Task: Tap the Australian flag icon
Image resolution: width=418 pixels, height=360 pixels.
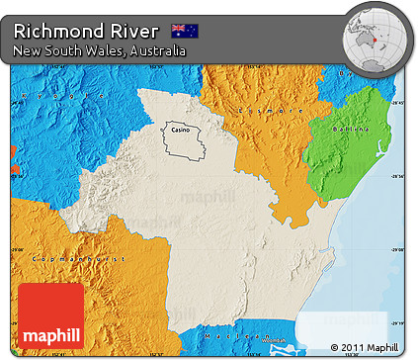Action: coord(184,30)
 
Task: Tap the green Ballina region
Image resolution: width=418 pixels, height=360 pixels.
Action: coord(346,148)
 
